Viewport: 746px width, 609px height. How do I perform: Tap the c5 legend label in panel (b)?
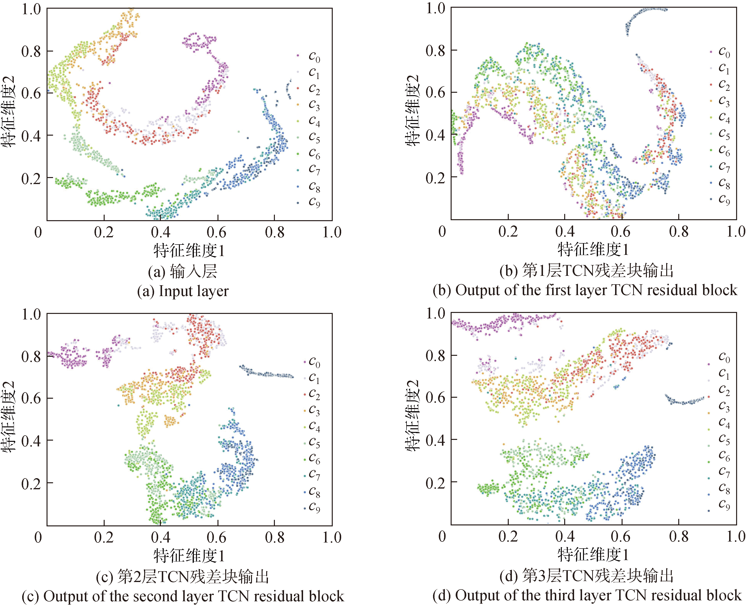coord(724,134)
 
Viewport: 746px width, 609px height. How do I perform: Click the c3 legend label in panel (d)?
coord(724,407)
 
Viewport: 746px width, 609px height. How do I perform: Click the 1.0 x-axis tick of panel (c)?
coord(332,537)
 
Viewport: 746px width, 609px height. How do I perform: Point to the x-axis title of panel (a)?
coord(189,251)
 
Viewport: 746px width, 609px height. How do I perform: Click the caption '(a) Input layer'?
coord(183,291)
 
